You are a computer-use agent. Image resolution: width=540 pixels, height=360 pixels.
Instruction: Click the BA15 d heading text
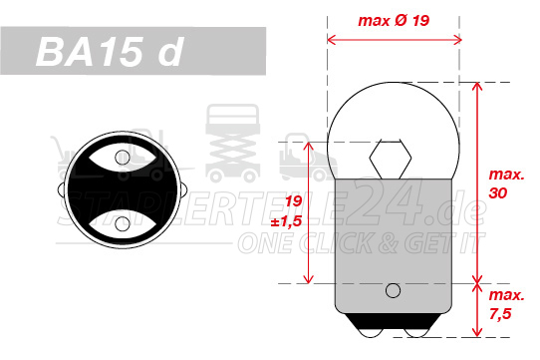click(x=110, y=52)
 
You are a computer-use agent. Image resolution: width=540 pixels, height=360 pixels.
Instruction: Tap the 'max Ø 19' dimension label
click(x=394, y=20)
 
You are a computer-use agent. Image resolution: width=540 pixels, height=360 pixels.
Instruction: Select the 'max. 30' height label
click(x=506, y=184)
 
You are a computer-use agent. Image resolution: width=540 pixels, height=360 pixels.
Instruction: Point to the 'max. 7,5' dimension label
click(x=506, y=304)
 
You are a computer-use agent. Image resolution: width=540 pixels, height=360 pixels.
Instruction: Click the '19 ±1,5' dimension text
click(x=287, y=211)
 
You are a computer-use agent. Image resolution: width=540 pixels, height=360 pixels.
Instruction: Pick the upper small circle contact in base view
click(x=123, y=158)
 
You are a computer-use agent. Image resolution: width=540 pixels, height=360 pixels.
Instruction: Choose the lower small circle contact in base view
click(x=123, y=223)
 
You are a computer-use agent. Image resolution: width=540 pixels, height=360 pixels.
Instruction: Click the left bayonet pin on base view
click(x=61, y=189)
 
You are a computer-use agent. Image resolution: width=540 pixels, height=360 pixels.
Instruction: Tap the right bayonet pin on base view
click(x=183, y=189)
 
